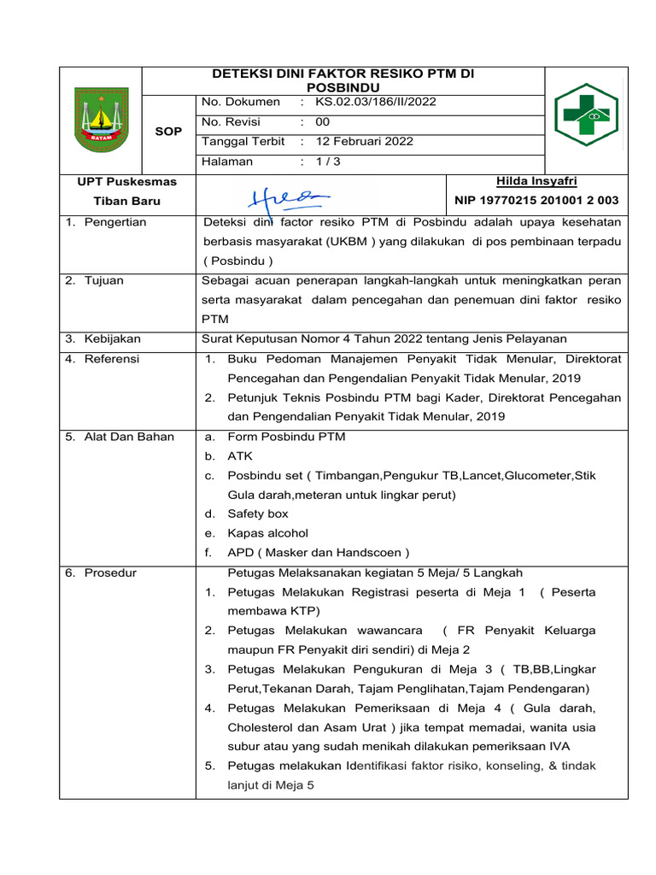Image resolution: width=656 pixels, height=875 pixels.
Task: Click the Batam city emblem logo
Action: point(100,120)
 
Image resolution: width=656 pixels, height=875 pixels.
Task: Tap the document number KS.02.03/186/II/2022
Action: point(375,102)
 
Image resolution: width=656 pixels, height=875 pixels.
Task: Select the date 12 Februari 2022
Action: point(364,141)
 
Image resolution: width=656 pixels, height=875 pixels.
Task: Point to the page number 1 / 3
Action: point(328,161)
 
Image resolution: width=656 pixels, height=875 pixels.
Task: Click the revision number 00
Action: point(322,121)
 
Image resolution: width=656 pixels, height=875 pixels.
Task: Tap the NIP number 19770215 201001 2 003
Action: point(536,201)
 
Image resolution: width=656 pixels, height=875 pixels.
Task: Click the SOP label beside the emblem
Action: point(168,132)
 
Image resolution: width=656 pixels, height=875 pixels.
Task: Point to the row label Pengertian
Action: point(114,222)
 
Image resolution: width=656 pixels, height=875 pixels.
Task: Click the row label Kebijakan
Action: point(112,339)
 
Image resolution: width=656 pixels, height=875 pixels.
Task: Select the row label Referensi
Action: point(111,359)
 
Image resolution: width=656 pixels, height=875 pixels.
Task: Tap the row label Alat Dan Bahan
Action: point(127,437)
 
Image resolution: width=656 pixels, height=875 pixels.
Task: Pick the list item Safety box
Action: point(257,514)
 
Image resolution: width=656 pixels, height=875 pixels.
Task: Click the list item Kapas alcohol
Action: point(267,533)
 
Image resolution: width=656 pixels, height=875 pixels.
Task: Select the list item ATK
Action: point(239,456)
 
